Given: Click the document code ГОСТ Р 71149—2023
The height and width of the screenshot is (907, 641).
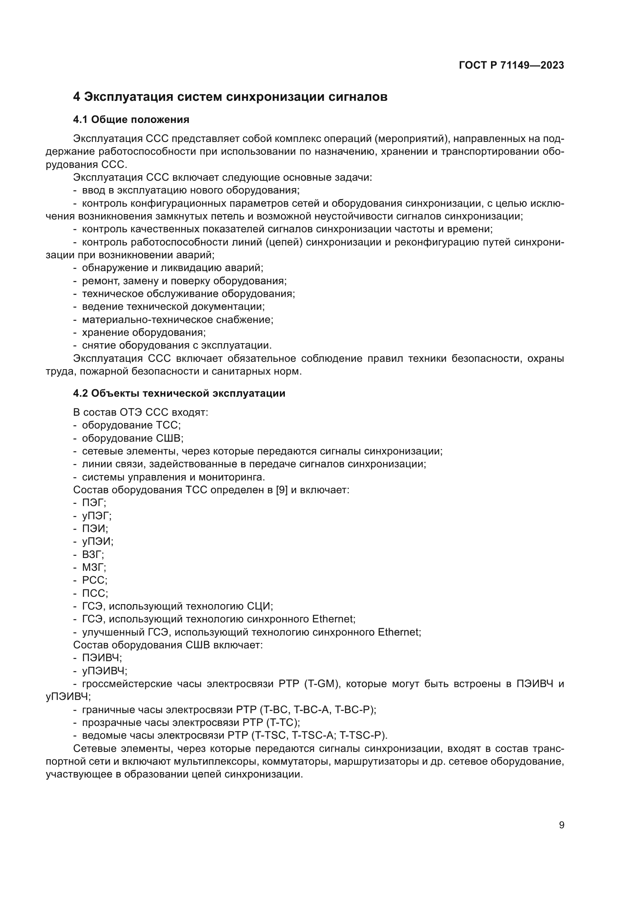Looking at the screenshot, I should tap(511, 66).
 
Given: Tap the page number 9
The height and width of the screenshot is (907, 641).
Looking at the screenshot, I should tap(561, 825).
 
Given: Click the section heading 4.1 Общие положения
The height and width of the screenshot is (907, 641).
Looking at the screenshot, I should tap(131, 120).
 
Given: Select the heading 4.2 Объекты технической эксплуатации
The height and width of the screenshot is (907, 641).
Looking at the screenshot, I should tap(179, 394).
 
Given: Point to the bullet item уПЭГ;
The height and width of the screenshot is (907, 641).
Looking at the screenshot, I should tap(97, 516).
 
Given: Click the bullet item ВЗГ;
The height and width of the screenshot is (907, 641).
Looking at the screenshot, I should tap(93, 555).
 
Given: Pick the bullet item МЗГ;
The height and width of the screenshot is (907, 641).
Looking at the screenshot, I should tap(94, 568).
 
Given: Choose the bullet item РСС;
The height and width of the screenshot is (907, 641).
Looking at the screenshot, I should tap(94, 580).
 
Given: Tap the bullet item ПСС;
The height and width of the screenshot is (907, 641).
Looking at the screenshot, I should tap(95, 593).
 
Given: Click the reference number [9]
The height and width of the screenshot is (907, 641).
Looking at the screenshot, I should tap(282, 490).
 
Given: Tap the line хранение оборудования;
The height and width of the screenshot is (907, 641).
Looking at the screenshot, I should tap(144, 333).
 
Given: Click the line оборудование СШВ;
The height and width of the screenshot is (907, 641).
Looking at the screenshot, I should tap(133, 439).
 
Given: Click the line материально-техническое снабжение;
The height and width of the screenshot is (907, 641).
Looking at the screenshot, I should tap(177, 320).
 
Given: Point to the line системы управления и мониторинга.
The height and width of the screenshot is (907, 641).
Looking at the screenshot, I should tap(173, 477).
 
